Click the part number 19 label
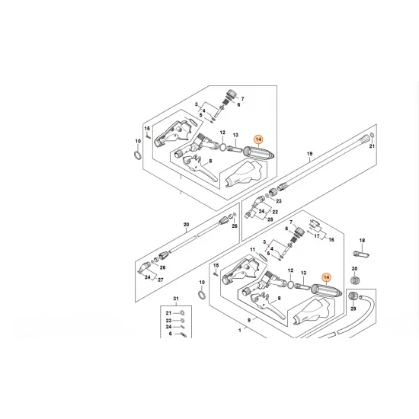(x=309, y=154)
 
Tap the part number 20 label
(x=185, y=224)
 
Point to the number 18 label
(x=363, y=239)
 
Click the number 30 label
(x=354, y=269)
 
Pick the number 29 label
(x=353, y=310)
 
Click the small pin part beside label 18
(x=362, y=253)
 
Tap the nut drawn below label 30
(x=355, y=284)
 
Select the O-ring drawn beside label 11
(x=201, y=294)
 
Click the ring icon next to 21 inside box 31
(x=182, y=312)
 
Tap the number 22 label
(x=276, y=211)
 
